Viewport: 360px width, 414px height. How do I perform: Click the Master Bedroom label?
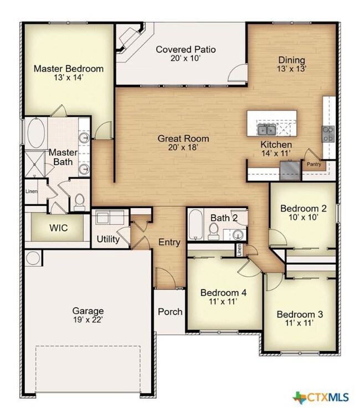click(69, 69)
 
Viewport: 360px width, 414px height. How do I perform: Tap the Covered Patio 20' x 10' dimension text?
click(186, 58)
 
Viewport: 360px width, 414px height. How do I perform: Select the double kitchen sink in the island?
click(267, 130)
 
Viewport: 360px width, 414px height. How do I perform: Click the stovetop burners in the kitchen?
click(328, 134)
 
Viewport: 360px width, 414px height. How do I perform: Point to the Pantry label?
click(314, 164)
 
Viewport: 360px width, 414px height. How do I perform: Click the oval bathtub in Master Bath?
click(36, 133)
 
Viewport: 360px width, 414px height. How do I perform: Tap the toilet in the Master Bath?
click(79, 203)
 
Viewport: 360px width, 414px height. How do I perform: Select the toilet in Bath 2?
click(213, 231)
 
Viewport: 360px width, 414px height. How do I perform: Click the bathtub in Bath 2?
click(196, 225)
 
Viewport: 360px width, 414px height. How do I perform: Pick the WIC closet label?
click(58, 228)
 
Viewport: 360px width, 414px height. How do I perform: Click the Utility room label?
click(108, 239)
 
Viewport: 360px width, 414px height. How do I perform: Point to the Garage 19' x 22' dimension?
click(88, 320)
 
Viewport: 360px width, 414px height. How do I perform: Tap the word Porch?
click(170, 312)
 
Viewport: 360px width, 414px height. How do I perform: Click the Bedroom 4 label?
click(223, 293)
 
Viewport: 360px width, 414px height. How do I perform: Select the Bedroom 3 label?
click(300, 314)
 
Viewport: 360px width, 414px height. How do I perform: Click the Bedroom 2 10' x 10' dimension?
click(303, 218)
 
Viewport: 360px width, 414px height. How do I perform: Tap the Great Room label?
click(183, 138)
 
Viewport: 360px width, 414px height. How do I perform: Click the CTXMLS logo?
click(321, 397)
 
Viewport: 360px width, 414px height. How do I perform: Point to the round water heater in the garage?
click(33, 257)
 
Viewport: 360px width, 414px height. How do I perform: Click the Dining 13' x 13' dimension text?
click(291, 69)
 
